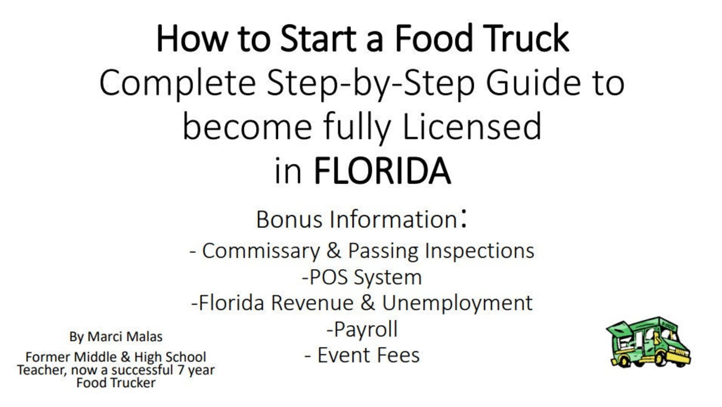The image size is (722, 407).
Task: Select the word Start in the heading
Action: click(x=318, y=39)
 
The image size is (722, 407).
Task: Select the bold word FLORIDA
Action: click(x=382, y=171)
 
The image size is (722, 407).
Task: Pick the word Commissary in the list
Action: click(x=261, y=251)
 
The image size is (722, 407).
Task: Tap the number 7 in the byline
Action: click(x=180, y=370)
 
